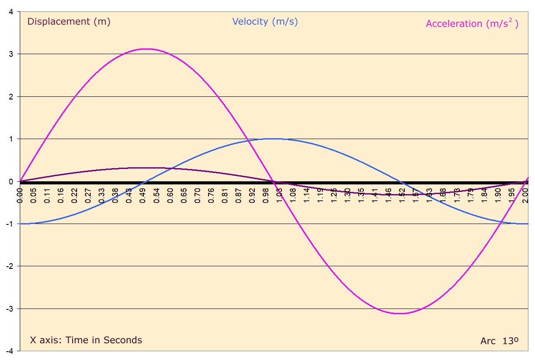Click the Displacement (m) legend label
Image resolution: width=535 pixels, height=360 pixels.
[69, 22]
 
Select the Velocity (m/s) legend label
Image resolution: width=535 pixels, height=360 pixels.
[265, 22]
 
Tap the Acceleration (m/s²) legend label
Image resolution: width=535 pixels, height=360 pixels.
[472, 24]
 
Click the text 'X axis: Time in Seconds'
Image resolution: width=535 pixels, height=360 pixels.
[86, 340]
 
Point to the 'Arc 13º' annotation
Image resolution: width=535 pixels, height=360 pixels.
[499, 341]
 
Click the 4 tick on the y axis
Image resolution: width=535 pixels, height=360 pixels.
[10, 11]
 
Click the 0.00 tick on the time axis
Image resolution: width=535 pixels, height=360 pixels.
[20, 194]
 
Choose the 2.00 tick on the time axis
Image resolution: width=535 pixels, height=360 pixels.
[525, 194]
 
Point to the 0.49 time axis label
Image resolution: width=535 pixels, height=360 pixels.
[143, 194]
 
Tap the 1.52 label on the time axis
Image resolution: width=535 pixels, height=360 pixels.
[402, 194]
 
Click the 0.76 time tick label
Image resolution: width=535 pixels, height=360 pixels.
[211, 194]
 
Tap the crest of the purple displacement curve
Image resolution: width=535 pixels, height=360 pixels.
[147, 168]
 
